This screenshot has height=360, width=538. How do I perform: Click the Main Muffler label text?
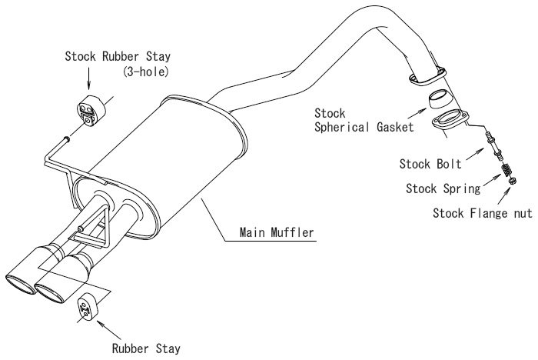(277, 232)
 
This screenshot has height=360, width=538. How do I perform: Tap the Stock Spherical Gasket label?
(364, 120)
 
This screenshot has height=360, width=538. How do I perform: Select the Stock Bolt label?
(430, 164)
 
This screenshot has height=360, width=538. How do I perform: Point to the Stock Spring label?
(443, 188)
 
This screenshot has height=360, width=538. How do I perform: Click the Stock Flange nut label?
(483, 213)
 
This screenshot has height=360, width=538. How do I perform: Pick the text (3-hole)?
(146, 72)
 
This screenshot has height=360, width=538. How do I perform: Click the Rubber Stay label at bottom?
(146, 348)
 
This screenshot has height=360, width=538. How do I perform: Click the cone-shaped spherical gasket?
(440, 100)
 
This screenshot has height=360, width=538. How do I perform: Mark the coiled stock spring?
(506, 169)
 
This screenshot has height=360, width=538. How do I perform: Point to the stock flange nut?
(513, 181)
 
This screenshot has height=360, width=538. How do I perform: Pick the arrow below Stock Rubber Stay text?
(88, 78)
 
